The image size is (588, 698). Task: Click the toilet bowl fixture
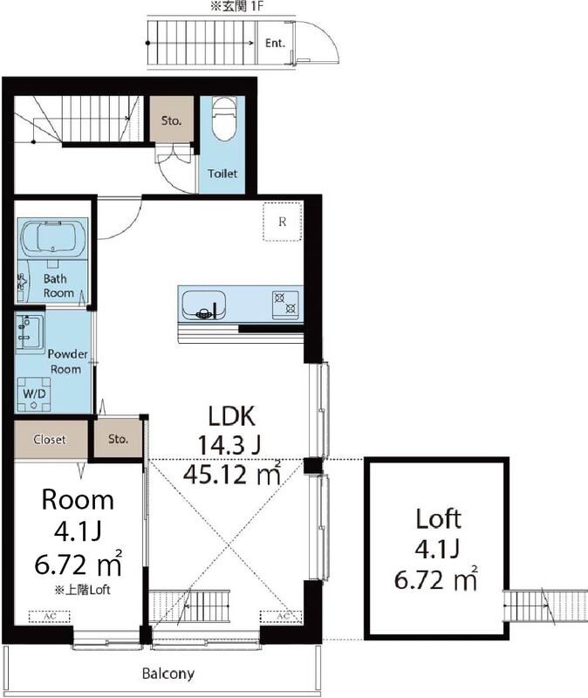[x=223, y=119]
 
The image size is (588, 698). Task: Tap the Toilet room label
[x=222, y=174]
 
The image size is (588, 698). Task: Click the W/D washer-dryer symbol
[x=34, y=394]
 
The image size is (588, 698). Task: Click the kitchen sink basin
[x=204, y=305]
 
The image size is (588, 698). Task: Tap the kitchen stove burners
[x=285, y=303]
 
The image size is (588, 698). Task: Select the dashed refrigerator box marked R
[x=282, y=222]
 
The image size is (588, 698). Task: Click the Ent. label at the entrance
[x=275, y=43]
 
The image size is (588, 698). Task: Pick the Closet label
[x=50, y=440]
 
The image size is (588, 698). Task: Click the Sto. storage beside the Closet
[x=118, y=439]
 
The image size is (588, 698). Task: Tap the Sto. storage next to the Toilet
[x=171, y=120]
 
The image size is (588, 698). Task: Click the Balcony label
[x=168, y=674]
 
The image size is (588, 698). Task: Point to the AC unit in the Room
[x=50, y=617]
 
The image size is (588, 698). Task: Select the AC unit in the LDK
[x=281, y=617]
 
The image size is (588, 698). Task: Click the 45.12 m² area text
[x=232, y=473]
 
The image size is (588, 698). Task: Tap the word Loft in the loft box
[x=439, y=519]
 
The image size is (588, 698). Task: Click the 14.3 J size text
[x=229, y=444]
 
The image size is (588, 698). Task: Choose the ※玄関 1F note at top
[x=239, y=8]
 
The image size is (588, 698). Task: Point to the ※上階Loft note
[x=82, y=591]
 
